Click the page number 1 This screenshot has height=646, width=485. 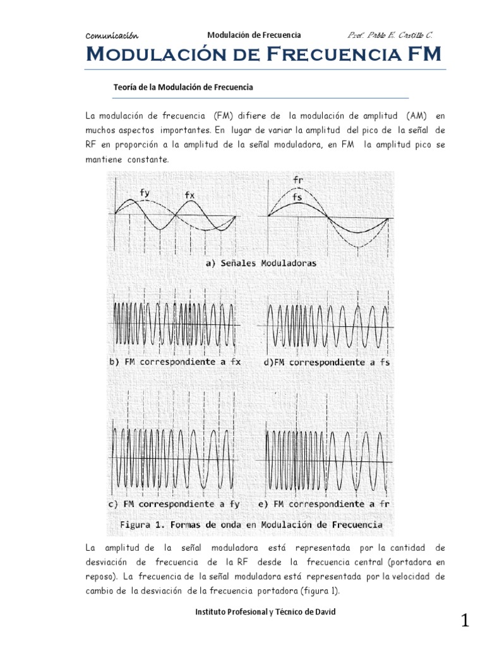pos(465,621)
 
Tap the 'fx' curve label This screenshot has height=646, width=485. pos(189,196)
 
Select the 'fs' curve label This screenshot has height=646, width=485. pos(297,198)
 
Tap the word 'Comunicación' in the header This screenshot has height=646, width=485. pos(112,36)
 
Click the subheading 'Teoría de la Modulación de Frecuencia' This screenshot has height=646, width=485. pos(183,87)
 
